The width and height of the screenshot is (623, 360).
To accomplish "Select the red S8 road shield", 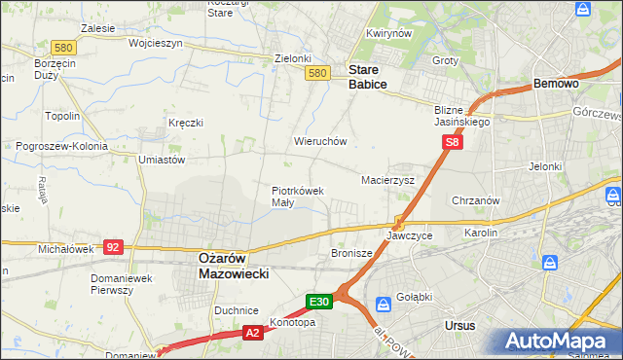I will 452,142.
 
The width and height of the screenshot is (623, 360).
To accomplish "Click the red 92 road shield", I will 113,247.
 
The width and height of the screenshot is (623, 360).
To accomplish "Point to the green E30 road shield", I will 322,302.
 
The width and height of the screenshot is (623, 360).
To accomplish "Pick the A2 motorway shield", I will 252,333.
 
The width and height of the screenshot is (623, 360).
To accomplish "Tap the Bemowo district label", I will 556,85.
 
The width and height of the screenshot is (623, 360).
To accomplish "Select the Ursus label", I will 458,325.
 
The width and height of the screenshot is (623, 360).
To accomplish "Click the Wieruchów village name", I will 320,141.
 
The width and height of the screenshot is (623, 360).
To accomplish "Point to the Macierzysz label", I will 388,180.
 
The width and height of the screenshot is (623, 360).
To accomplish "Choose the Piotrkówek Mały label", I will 297,197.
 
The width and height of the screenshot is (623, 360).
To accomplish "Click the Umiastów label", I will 162,159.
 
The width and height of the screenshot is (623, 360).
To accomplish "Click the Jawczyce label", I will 409,235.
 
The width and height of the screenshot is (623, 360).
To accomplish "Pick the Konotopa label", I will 295,322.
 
